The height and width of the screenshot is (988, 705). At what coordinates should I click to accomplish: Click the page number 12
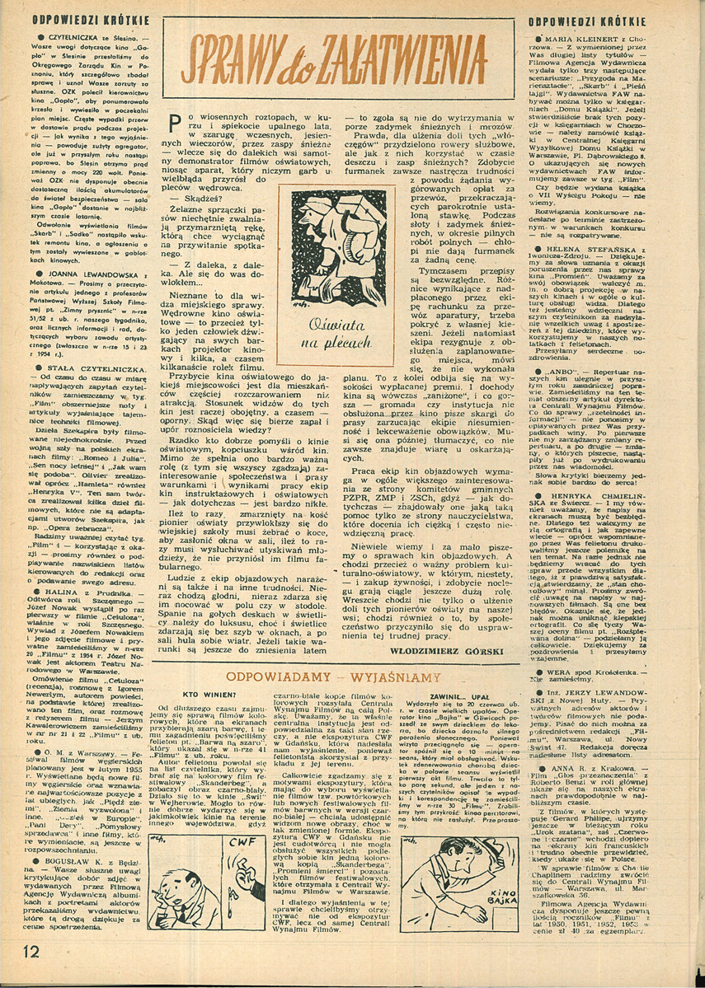click(x=24, y=972)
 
